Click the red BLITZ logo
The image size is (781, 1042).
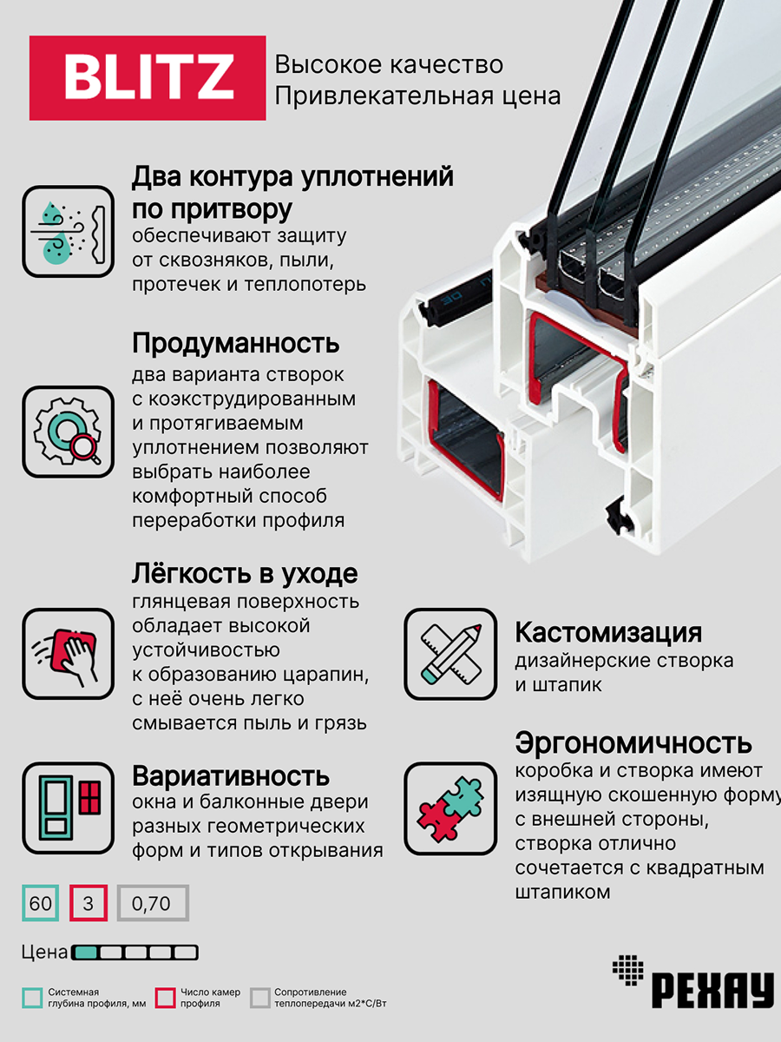coord(148,78)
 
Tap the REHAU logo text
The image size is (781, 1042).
coord(711,989)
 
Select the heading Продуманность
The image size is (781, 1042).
coord(235,343)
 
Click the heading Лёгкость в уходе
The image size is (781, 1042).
coord(244,574)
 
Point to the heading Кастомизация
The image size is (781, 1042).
coord(608,631)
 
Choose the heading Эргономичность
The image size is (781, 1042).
coord(633,743)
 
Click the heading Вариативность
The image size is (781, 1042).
coord(230,775)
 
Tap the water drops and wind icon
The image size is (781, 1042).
coord(69,232)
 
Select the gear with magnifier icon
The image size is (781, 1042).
coord(69,432)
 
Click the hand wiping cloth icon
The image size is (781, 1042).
coord(69,654)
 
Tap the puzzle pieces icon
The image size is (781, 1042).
coord(450,808)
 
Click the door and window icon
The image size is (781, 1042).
coord(69,808)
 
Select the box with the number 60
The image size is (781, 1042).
coord(41,904)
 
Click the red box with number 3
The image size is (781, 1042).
coord(88,904)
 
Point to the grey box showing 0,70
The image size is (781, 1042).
coord(152,904)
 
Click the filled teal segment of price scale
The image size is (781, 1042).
coord(85,953)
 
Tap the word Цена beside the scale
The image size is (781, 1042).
coord(44,953)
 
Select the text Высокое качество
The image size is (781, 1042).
coord(389,65)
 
